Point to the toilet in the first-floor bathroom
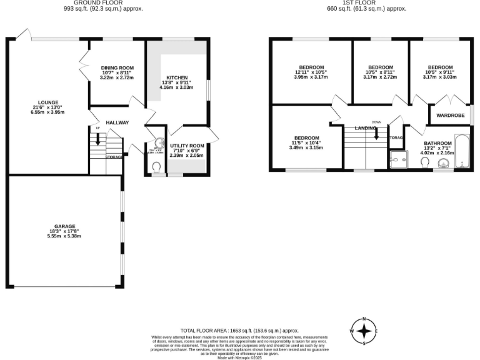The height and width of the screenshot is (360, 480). coord(425,163)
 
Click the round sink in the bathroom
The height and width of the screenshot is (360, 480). coord(444,164)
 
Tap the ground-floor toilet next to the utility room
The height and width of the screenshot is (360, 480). coord(157,166)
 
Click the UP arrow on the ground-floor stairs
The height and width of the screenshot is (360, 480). coord(97,139)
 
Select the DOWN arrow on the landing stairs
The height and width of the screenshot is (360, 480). coord(376,132)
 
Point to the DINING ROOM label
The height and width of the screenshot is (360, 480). coord(117,67)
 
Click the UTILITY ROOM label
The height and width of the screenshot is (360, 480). coord(187,144)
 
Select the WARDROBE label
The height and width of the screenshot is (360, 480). coord(449,115)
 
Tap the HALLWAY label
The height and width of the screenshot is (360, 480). coord(117,122)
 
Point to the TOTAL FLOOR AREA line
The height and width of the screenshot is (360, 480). coord(239,330)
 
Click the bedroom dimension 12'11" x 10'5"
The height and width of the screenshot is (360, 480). coord(311,72)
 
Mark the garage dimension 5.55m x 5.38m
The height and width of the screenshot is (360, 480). coord(64,236)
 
